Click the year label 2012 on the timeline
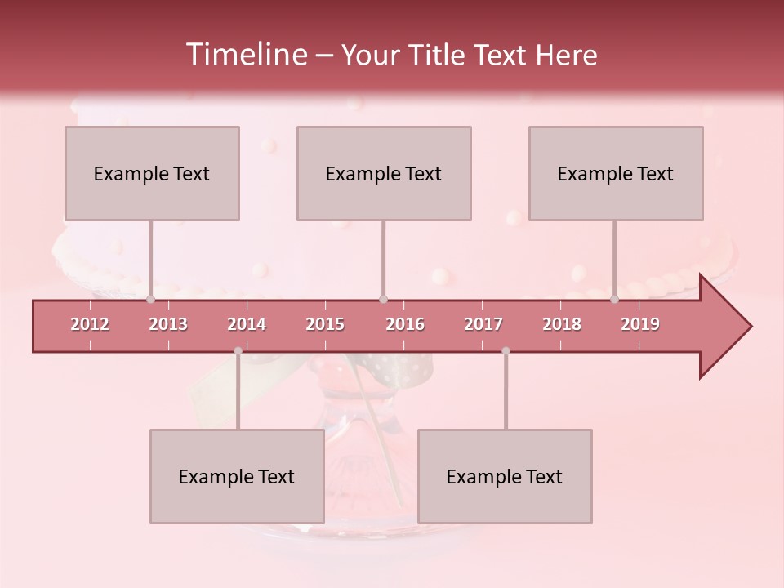[x=90, y=324]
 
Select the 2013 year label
[x=168, y=324]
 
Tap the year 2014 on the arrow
[x=247, y=324]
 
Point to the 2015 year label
[x=325, y=324]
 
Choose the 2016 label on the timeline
[x=405, y=324]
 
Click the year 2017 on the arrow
[x=483, y=324]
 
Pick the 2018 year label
[x=562, y=324]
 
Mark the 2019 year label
[x=640, y=324]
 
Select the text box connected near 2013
[x=152, y=173]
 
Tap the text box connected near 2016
[x=384, y=173]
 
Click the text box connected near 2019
[x=616, y=173]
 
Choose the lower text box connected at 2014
[x=237, y=476]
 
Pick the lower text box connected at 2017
[x=505, y=476]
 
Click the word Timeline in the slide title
[x=246, y=55]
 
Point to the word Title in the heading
[x=441, y=56]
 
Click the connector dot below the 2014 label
[x=238, y=351]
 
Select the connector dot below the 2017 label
[x=506, y=351]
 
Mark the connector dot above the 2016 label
[x=383, y=300]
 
